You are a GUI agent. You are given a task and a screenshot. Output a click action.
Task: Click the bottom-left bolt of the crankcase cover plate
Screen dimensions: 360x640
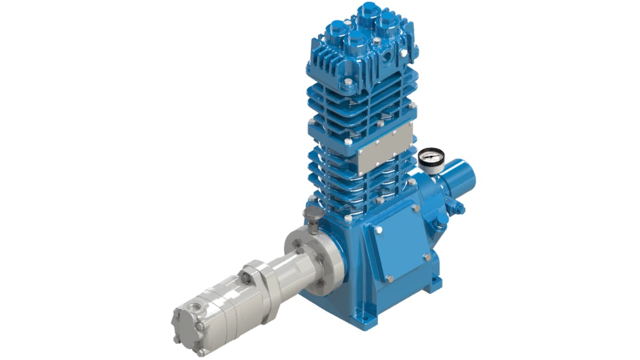pos(389,279)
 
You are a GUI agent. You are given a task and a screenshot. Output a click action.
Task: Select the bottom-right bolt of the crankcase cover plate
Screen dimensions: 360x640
pos(427,258)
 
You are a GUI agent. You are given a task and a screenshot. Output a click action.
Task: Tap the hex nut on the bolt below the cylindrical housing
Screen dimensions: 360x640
pos(459,208)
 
